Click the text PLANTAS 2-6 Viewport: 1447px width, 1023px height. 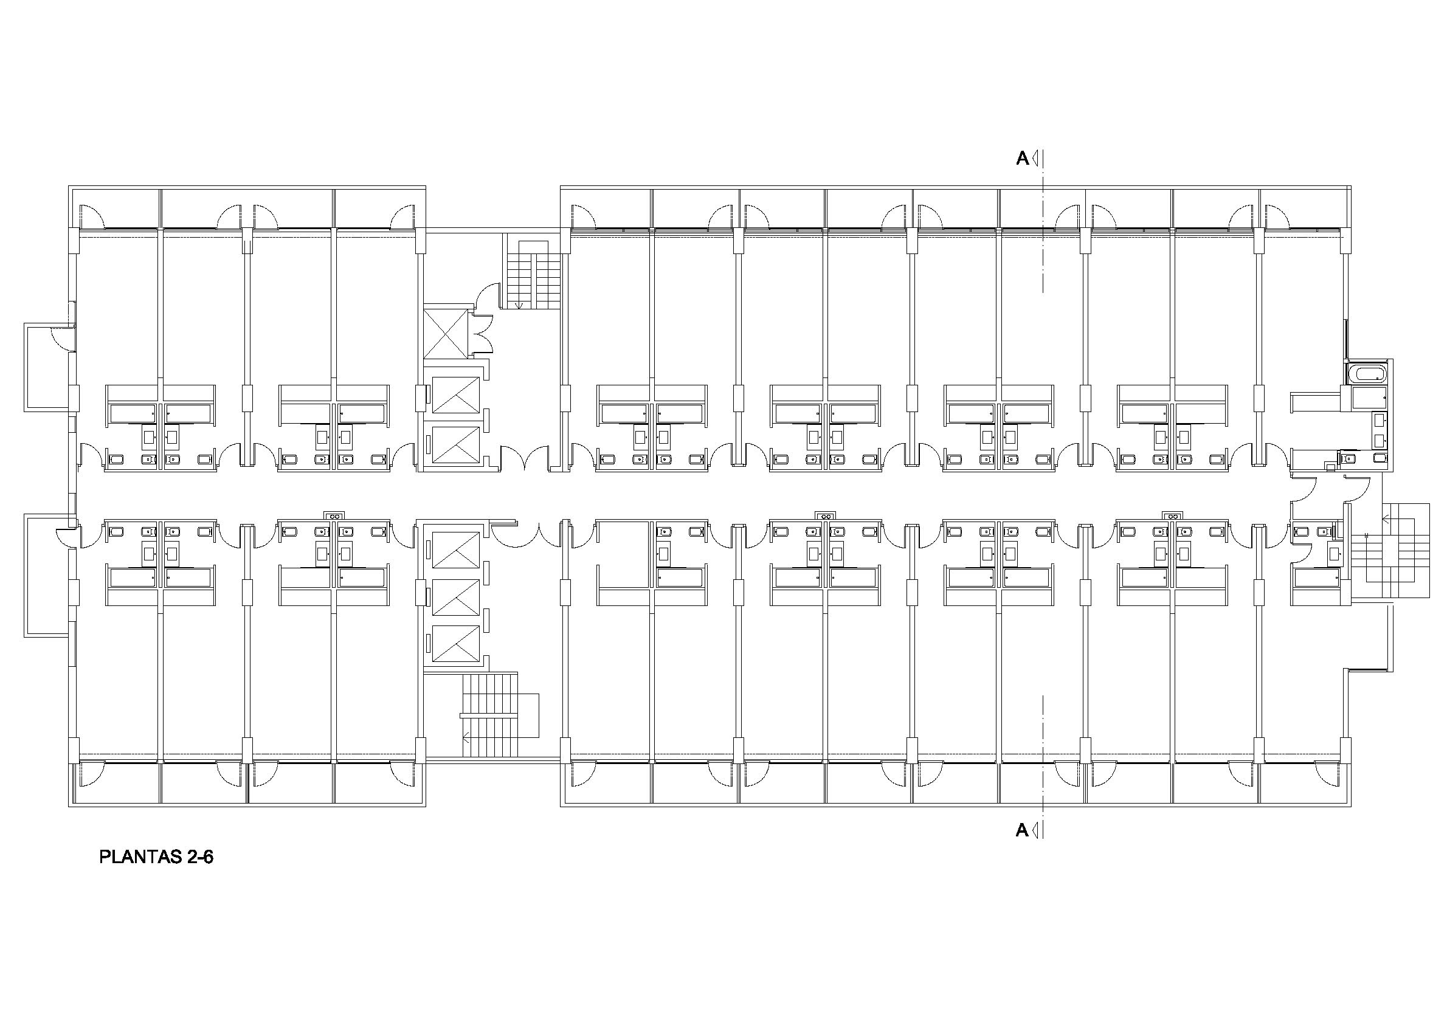156,857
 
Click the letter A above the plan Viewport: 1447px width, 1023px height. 1021,159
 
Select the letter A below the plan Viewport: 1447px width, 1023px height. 1021,830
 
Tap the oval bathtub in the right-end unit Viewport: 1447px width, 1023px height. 1367,374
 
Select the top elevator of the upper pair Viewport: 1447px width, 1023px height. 455,394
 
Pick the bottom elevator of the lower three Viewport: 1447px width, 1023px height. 455,643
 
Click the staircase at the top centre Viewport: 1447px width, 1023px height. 531,271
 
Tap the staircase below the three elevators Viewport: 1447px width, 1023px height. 498,715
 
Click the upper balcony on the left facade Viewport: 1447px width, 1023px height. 49,367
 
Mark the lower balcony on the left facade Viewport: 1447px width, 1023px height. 49,575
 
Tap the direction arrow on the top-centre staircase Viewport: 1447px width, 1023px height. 519,306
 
